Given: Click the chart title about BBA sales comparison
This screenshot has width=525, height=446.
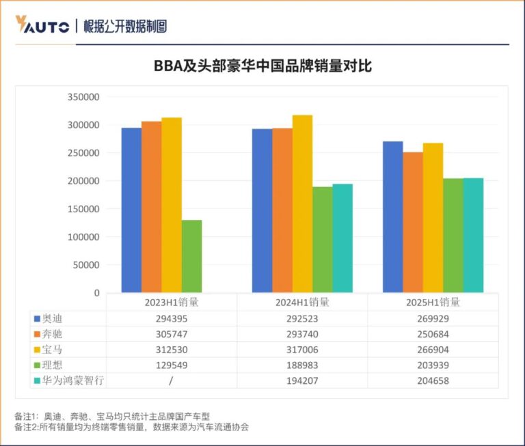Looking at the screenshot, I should point(262,67).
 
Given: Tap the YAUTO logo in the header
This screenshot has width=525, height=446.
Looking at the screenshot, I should point(42,26).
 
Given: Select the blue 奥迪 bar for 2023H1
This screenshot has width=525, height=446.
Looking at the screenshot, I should point(131,210).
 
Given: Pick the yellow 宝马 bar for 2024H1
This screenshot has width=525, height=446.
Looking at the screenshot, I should point(302,204).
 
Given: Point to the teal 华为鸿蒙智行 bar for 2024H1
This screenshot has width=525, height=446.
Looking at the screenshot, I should point(342,238).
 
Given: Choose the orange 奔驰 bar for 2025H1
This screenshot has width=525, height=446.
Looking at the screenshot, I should point(412,222).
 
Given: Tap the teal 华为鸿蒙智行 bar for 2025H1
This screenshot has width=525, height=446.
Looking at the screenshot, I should point(473,236).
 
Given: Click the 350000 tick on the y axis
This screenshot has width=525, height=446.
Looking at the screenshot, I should point(84,98).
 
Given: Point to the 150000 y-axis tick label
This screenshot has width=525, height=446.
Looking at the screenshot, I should point(84,210).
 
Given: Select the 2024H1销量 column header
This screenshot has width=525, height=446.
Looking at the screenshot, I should point(302,302).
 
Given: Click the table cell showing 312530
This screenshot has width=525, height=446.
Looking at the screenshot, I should point(171,350).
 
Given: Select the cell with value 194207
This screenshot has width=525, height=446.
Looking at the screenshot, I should point(302,380).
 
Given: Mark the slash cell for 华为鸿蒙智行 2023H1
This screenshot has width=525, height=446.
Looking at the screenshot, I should point(171,380).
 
